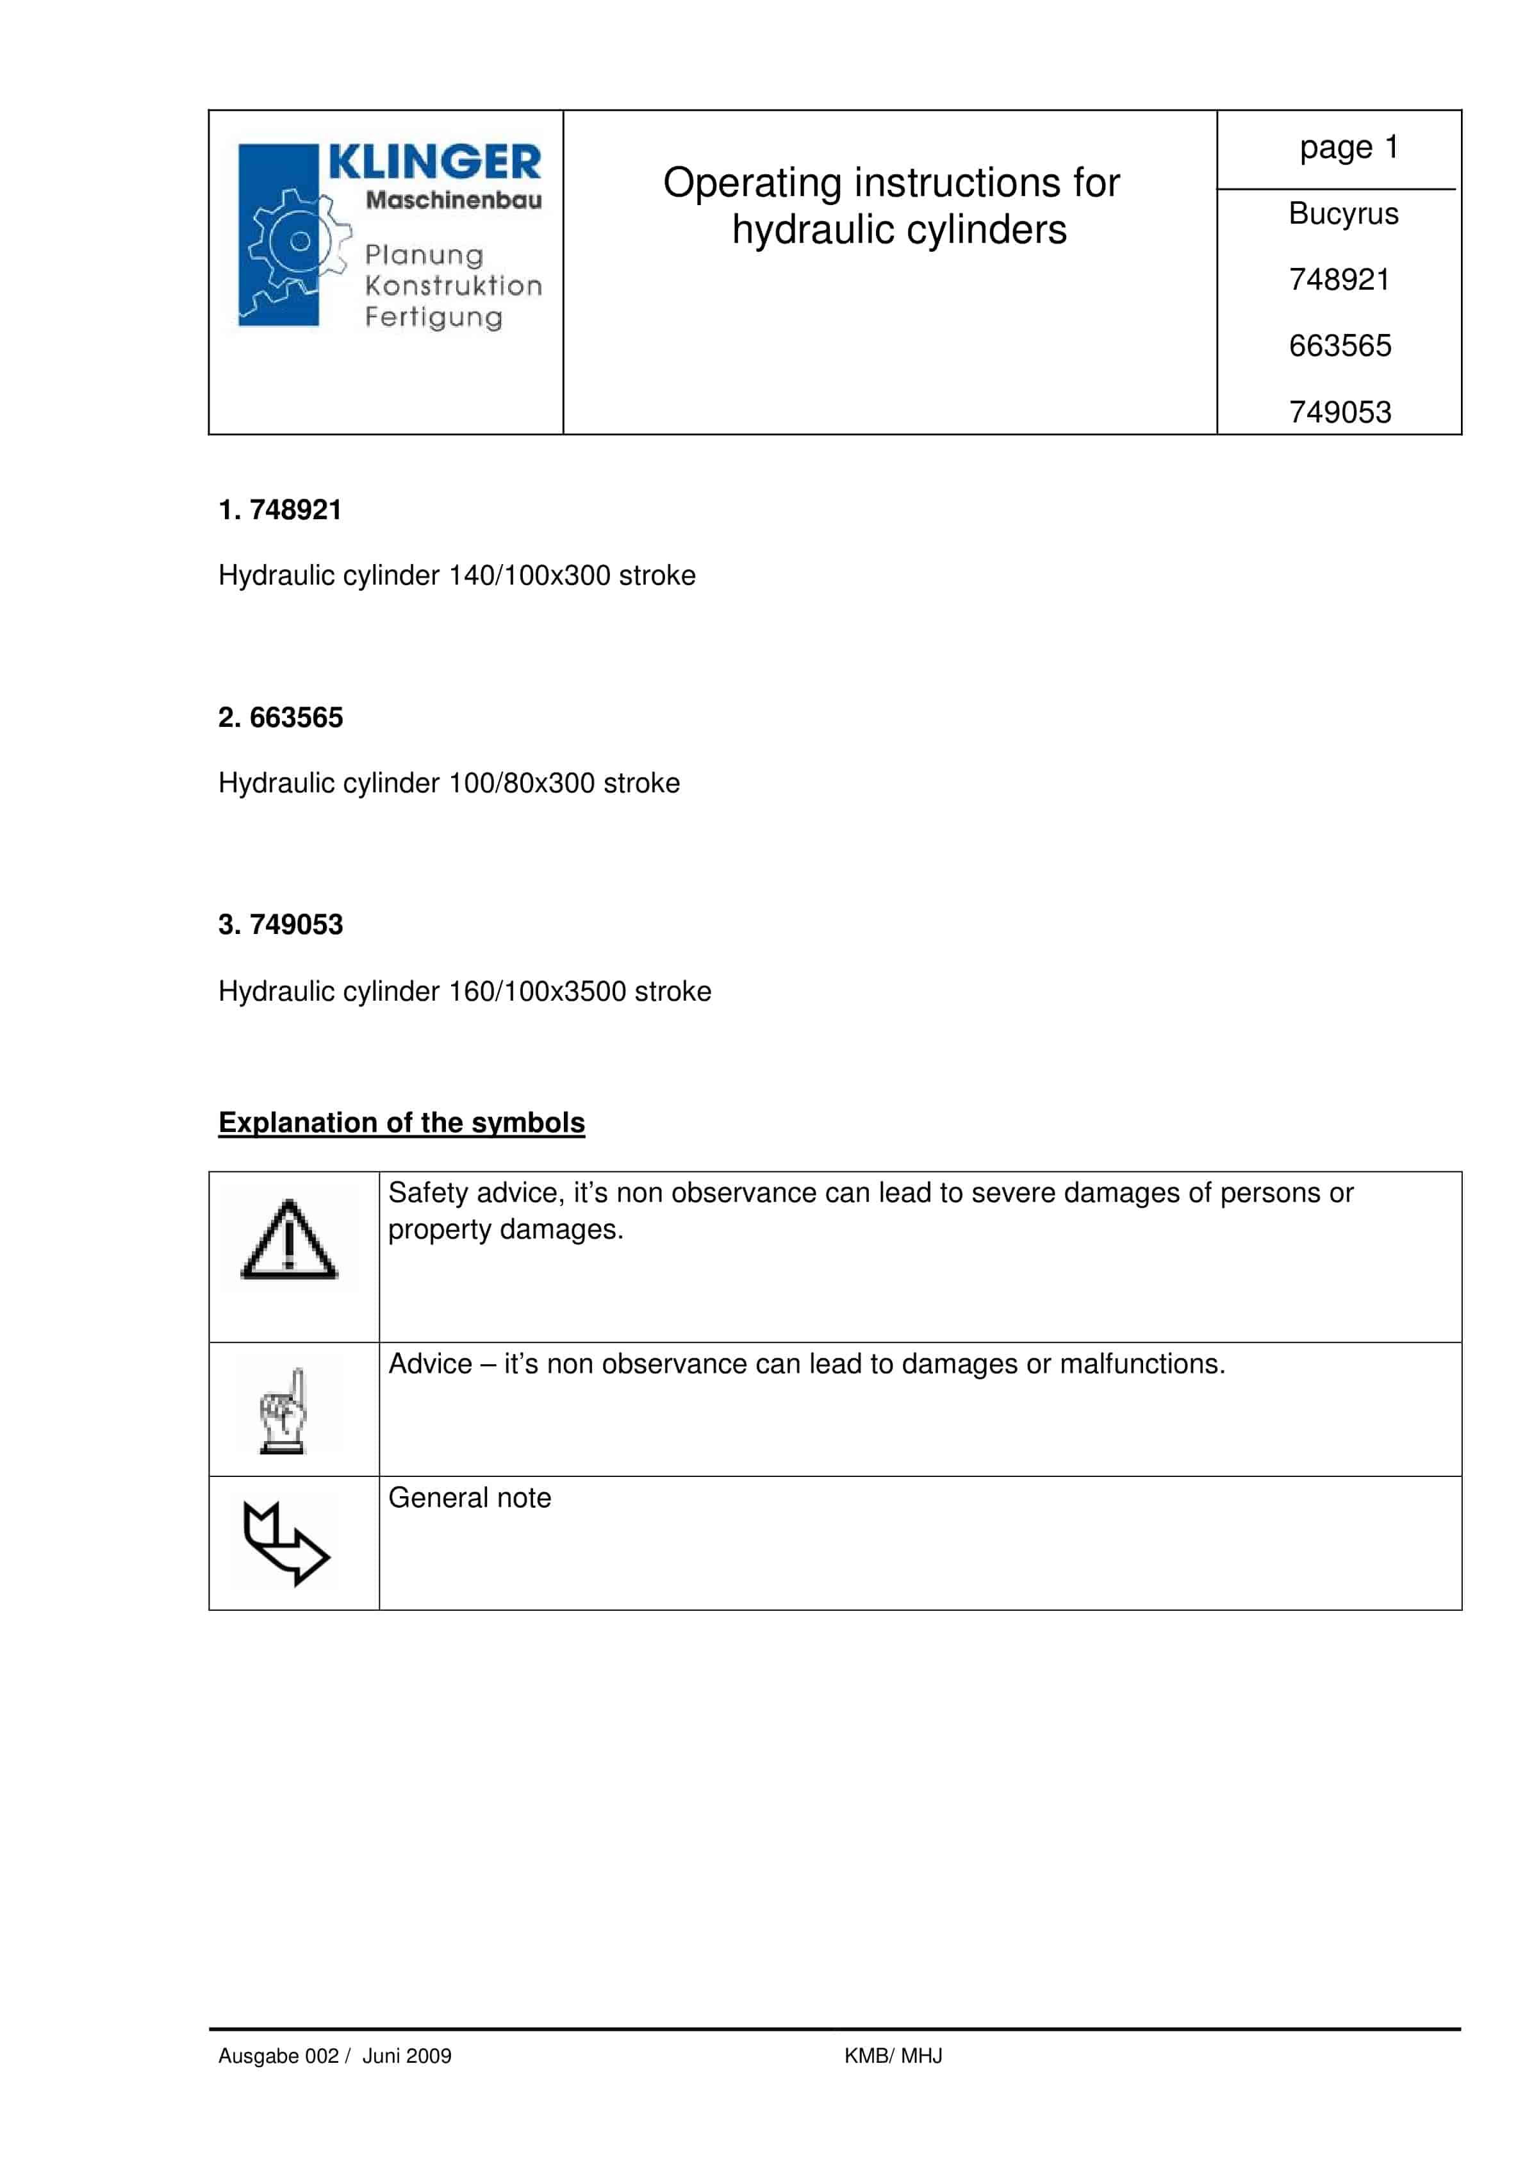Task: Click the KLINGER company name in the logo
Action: tap(434, 163)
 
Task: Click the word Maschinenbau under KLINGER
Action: tap(453, 200)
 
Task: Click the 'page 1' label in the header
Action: tap(1348, 147)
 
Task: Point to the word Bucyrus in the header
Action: tap(1342, 214)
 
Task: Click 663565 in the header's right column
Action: tap(1339, 346)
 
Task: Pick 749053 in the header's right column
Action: tap(1339, 412)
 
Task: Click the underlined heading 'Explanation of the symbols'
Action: tap(402, 1122)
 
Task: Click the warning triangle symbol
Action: tap(288, 1241)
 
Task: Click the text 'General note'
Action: tap(469, 1498)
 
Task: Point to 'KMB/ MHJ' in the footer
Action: tap(892, 2056)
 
